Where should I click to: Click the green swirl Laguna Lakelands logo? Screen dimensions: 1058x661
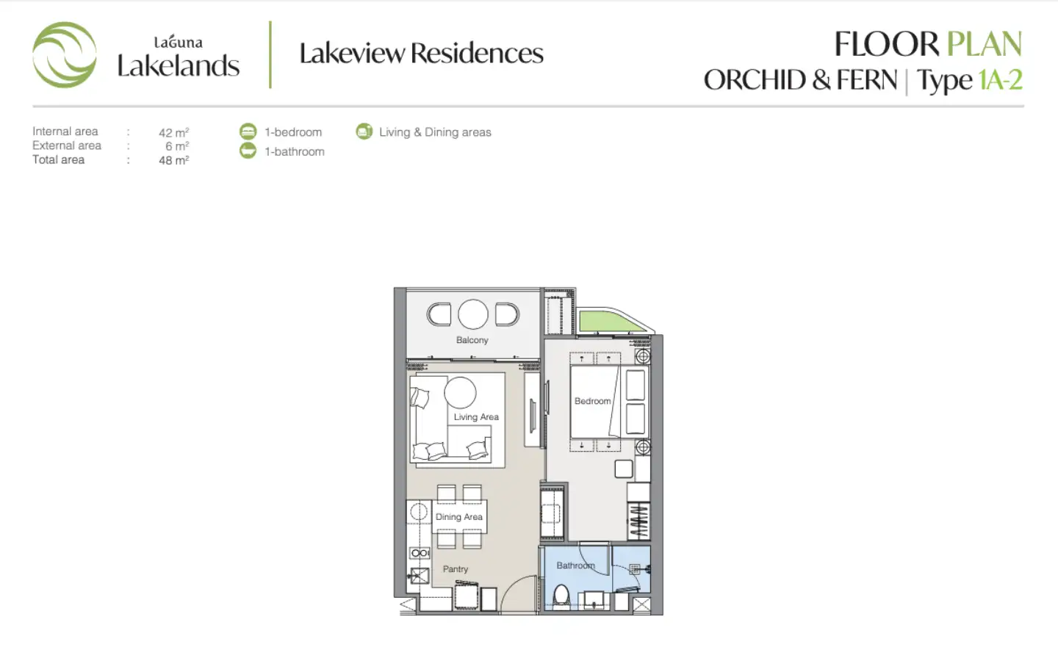(x=64, y=55)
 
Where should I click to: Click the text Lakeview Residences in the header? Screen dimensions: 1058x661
(x=421, y=53)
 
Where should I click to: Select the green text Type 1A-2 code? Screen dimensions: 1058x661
(x=1001, y=79)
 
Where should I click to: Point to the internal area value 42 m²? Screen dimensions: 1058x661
(x=174, y=132)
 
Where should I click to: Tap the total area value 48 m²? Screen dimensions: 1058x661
(x=174, y=160)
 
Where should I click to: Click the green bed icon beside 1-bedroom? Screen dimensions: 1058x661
(x=248, y=131)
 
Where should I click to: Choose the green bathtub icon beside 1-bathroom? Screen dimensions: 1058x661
(x=248, y=151)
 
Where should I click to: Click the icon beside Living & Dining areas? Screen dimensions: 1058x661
(x=364, y=131)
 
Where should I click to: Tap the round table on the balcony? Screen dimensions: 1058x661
(x=473, y=314)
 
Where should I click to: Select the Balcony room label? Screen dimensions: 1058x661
(x=472, y=340)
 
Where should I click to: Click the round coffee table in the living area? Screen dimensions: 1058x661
(x=460, y=392)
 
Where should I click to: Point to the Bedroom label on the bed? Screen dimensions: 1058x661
(x=592, y=401)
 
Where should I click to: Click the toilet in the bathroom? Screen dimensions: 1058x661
(x=561, y=597)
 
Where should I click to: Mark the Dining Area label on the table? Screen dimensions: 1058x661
(x=458, y=517)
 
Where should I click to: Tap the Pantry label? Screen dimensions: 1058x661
(x=456, y=569)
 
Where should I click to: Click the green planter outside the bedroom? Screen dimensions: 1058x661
(x=608, y=321)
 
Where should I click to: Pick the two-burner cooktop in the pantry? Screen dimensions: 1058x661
(x=420, y=553)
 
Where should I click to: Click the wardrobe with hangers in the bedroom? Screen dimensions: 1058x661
(x=638, y=521)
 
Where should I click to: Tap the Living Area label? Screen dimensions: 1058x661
(x=476, y=417)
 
